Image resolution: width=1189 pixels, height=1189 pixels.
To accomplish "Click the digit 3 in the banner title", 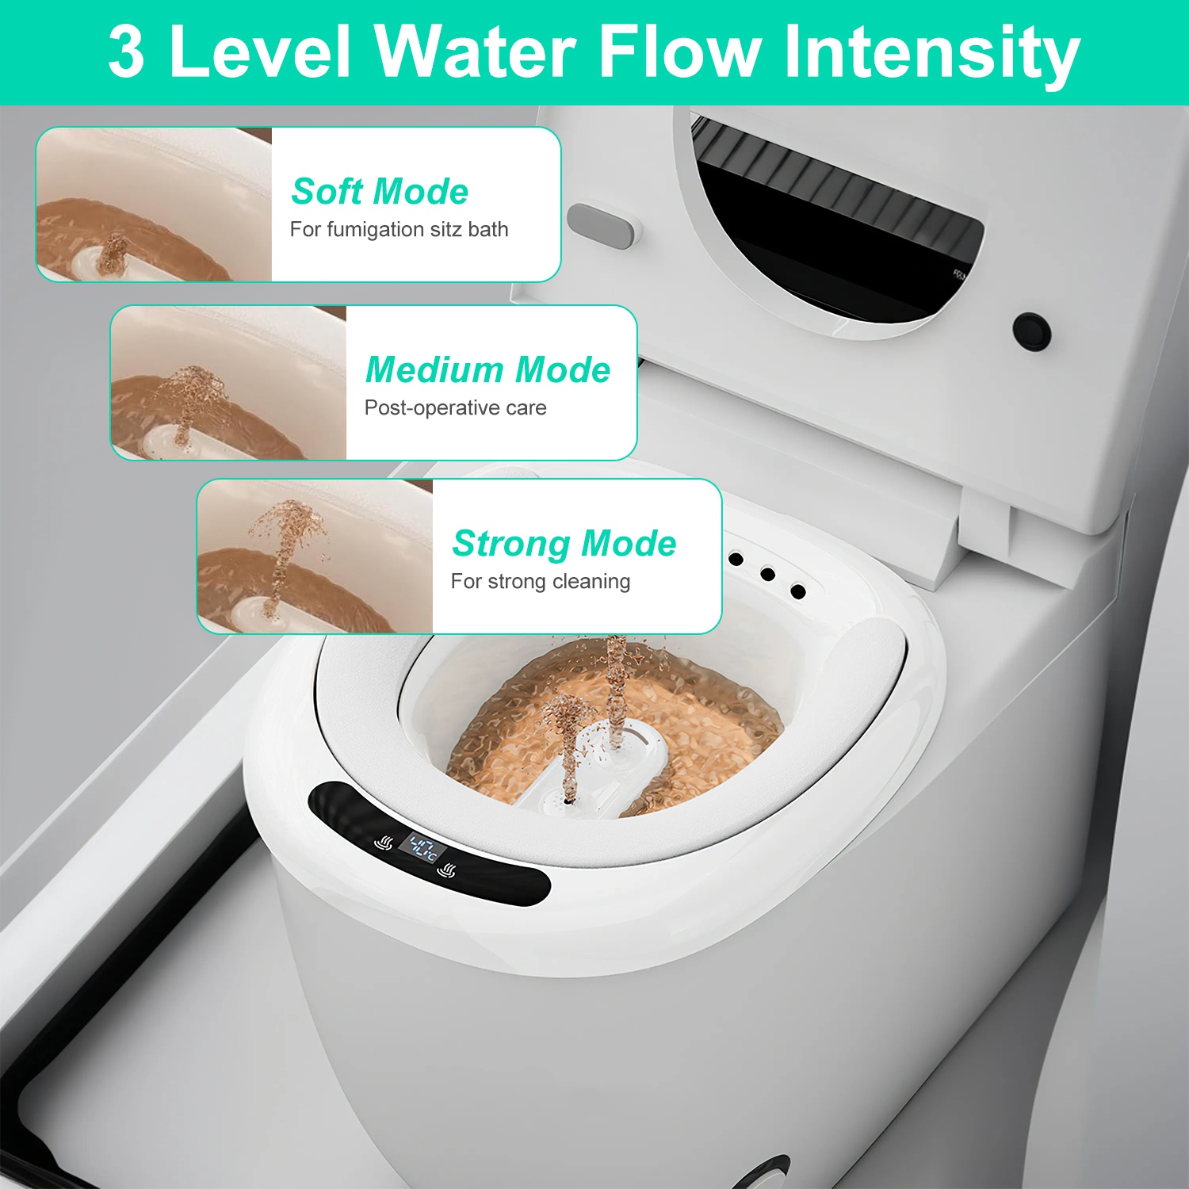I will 127,52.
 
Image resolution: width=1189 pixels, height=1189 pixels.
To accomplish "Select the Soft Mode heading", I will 380,192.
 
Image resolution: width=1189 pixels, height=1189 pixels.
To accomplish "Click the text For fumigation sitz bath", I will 399,230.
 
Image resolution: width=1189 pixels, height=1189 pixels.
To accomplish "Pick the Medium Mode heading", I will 487,370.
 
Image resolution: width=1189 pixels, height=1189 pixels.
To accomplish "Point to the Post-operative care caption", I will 455,408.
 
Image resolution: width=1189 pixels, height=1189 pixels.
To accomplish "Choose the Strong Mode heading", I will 564,544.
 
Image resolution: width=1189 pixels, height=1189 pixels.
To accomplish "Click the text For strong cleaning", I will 540,582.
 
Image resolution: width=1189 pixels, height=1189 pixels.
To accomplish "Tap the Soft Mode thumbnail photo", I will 155,205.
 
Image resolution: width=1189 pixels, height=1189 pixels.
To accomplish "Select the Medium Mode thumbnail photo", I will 228,383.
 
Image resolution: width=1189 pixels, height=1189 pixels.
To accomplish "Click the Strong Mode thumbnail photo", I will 315,556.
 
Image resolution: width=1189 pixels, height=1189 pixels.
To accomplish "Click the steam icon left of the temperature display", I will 384,843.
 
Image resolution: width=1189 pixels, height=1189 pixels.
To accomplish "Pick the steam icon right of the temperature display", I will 448,871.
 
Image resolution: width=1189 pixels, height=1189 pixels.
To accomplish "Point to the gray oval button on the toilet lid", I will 601,226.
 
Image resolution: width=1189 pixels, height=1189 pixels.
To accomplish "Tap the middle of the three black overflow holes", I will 767,574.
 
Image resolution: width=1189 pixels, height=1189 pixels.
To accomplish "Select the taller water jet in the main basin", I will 617,690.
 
